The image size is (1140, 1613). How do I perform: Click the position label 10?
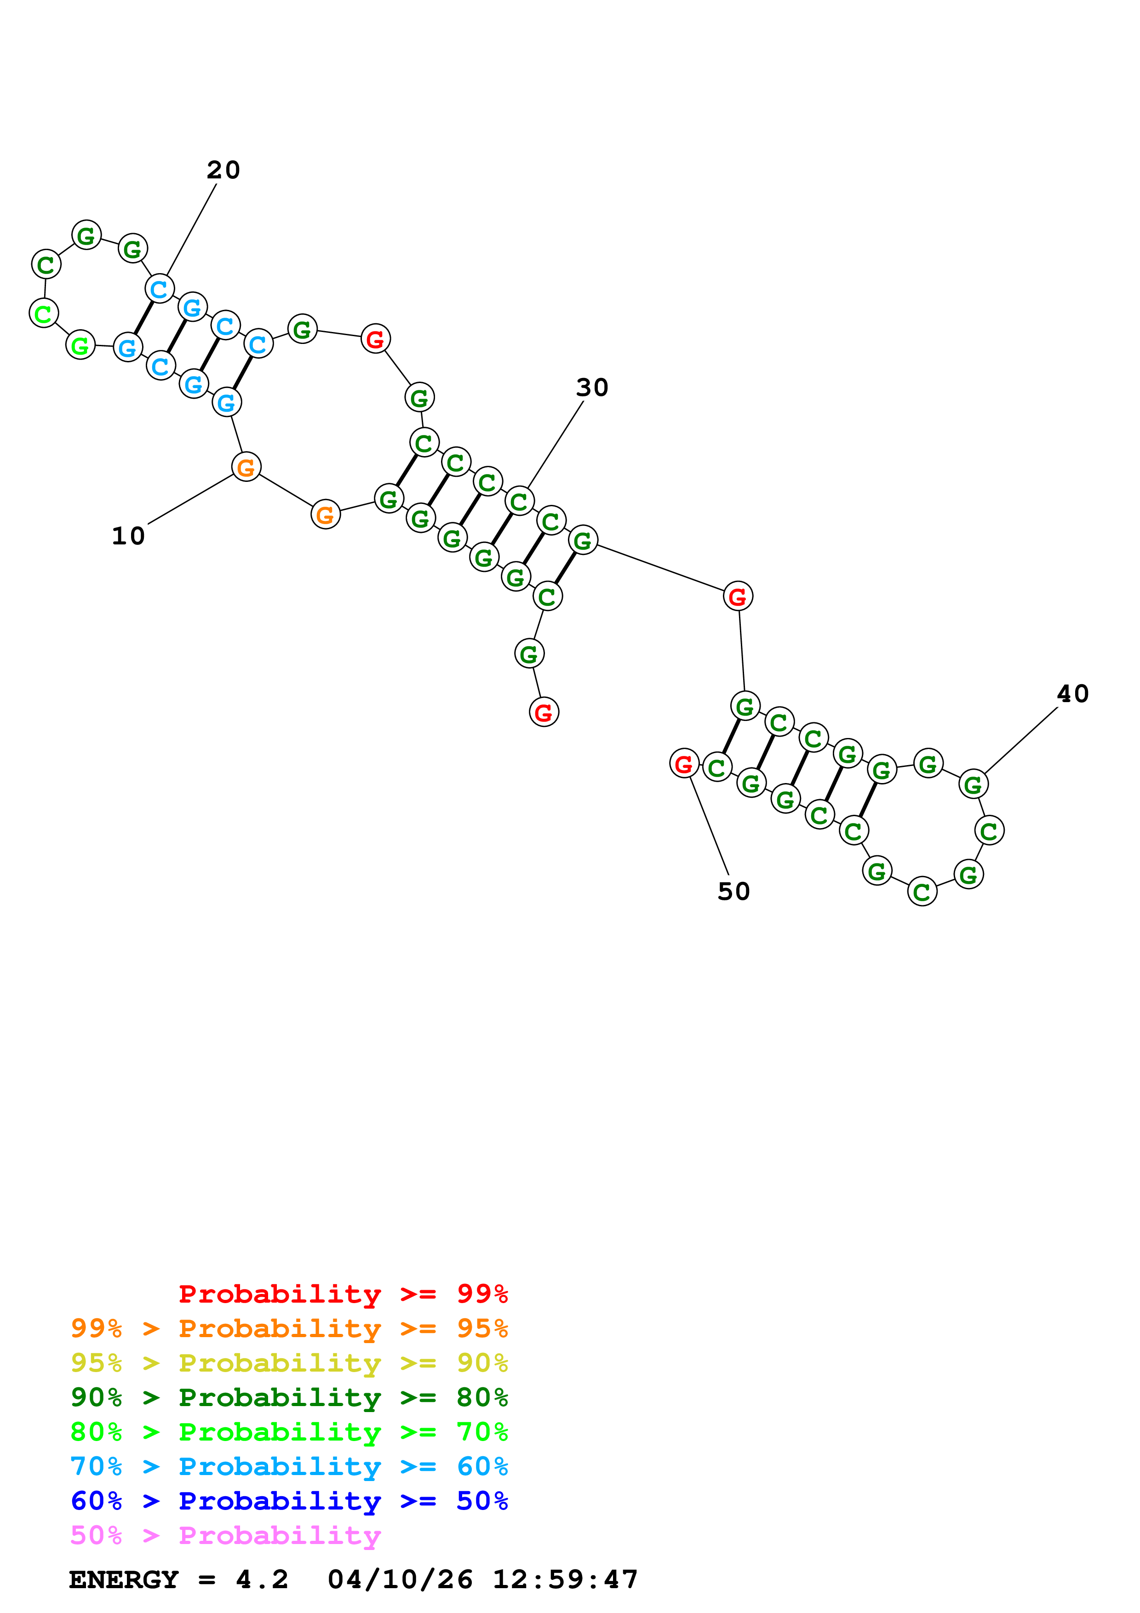point(129,536)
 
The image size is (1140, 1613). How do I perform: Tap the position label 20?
point(223,170)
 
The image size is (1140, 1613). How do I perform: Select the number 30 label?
point(592,388)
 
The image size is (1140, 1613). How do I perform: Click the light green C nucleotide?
point(44,313)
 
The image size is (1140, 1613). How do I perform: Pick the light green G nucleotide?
point(80,345)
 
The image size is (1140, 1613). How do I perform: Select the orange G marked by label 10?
point(246,467)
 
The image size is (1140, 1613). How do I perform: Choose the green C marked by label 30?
point(519,501)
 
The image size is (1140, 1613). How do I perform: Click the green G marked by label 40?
point(973,784)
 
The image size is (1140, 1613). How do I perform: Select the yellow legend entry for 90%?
point(289,1364)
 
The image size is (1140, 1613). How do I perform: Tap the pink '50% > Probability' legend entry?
point(225,1536)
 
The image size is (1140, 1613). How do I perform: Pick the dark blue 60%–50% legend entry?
point(289,1501)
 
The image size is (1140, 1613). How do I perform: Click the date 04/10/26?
point(400,1580)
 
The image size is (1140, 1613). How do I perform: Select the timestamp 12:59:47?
point(565,1580)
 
